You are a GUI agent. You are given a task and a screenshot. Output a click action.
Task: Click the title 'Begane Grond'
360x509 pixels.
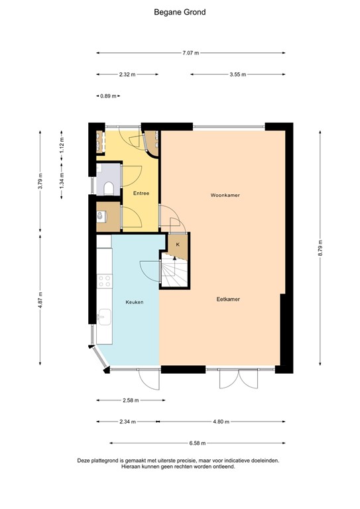[x=180, y=12]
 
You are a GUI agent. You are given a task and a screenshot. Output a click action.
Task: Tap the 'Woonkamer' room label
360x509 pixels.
[x=225, y=196]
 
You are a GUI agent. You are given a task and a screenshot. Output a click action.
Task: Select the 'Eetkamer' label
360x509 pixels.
[x=227, y=299]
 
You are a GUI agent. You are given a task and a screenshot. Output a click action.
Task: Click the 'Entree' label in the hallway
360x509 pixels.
[x=141, y=194]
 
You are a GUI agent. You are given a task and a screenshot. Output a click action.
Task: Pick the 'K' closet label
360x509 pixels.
[x=177, y=245]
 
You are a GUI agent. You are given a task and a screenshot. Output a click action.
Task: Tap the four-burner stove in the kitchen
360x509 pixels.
[x=104, y=281]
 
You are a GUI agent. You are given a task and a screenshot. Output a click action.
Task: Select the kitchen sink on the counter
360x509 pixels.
[x=103, y=317]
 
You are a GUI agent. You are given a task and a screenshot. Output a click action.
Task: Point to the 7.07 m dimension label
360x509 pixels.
[x=191, y=52]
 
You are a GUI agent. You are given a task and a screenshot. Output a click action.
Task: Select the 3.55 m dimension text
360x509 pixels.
[x=237, y=74]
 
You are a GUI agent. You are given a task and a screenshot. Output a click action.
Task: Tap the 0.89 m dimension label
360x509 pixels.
[x=107, y=96]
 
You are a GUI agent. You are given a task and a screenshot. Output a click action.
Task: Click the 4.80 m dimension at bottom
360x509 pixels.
[x=222, y=421]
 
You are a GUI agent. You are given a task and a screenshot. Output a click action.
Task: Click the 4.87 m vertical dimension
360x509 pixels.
[x=40, y=300]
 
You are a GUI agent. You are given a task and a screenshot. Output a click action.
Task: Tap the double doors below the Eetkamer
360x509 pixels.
[x=238, y=380]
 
